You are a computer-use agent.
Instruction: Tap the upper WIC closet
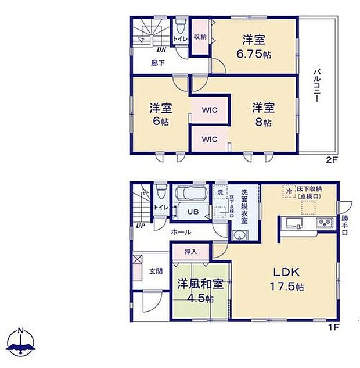(x=210, y=109)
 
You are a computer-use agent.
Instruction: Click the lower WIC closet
(x=210, y=139)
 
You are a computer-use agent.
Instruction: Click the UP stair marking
(x=140, y=226)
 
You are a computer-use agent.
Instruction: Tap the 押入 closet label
(x=190, y=252)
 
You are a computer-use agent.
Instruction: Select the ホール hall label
(x=180, y=232)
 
